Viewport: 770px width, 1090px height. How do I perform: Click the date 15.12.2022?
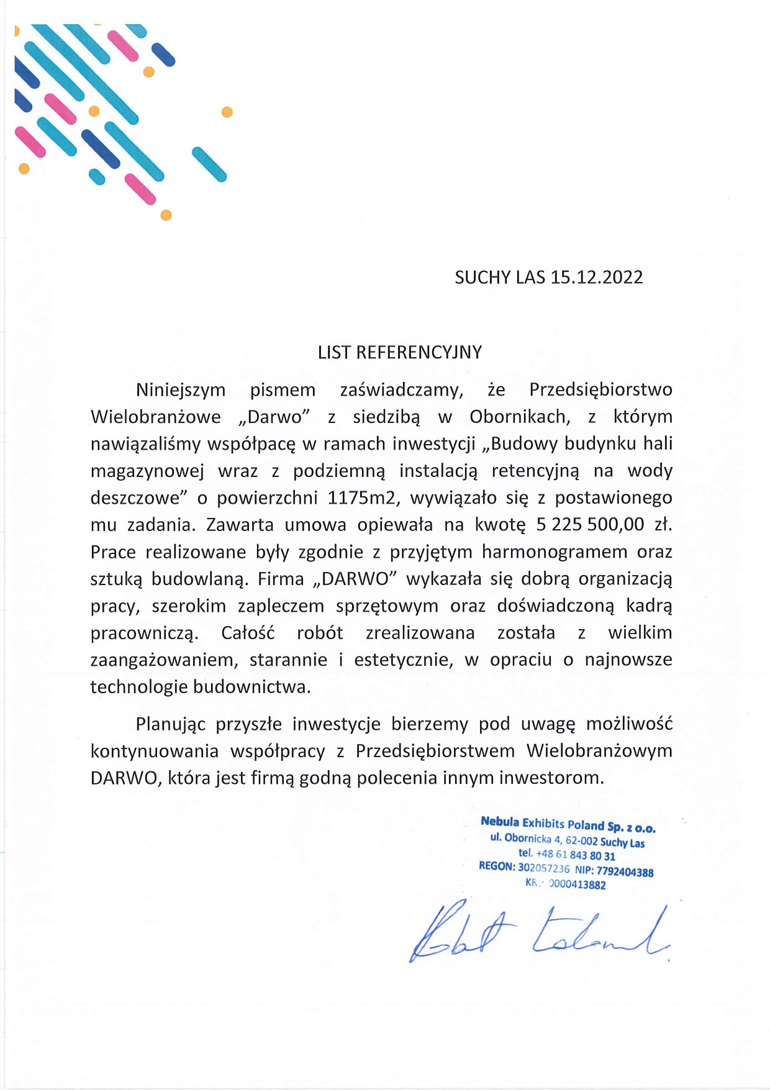click(x=596, y=277)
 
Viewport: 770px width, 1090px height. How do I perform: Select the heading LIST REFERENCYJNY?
click(x=400, y=352)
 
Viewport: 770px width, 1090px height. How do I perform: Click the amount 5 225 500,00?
click(x=590, y=524)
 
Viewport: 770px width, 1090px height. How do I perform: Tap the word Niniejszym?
click(x=181, y=390)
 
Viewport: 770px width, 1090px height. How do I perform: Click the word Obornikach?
click(x=520, y=417)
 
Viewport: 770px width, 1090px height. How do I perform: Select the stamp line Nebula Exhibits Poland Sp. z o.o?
click(x=568, y=824)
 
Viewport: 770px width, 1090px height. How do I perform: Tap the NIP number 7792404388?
click(x=625, y=872)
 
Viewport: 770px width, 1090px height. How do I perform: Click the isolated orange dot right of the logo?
click(x=227, y=112)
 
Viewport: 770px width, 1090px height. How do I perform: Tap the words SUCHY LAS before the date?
click(x=500, y=277)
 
